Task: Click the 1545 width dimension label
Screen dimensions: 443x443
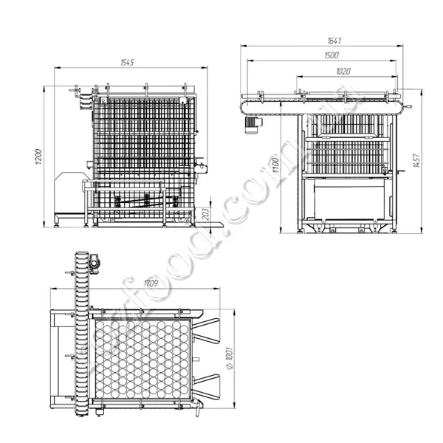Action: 128,63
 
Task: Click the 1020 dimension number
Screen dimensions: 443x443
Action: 342,71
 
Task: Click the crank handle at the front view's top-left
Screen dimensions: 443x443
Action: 73,92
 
